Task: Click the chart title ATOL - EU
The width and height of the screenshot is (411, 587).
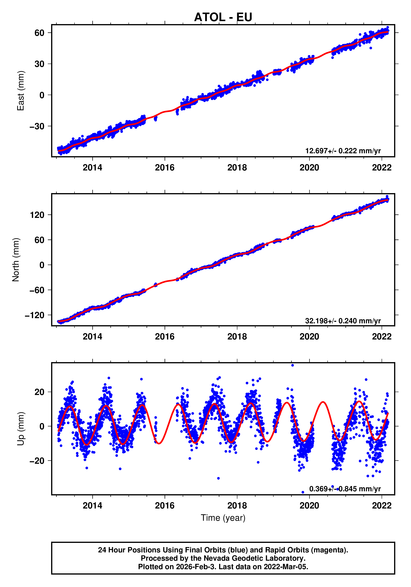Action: [x=223, y=17]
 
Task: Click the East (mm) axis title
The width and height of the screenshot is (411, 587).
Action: [x=20, y=91]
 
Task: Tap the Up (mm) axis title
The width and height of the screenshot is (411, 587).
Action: [x=20, y=429]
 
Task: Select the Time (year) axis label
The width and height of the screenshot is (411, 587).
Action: [x=223, y=518]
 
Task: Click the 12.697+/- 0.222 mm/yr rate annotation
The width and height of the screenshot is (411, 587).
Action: [x=343, y=151]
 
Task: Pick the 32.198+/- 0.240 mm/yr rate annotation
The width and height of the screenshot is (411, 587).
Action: [x=343, y=321]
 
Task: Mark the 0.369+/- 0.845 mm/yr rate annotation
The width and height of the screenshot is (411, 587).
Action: [x=345, y=489]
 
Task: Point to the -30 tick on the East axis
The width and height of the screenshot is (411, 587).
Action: [x=37, y=126]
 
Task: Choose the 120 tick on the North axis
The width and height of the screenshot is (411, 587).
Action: [x=37, y=215]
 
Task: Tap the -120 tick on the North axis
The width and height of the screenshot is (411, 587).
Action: [x=35, y=315]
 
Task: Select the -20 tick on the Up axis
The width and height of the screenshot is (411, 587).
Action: [x=37, y=461]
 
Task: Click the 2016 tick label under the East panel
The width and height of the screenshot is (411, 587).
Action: [x=165, y=168]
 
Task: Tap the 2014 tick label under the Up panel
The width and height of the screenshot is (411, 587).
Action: [x=92, y=506]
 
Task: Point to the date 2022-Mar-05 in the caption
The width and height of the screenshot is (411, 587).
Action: [x=286, y=567]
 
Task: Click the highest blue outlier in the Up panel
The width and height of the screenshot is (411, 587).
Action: [x=292, y=365]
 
